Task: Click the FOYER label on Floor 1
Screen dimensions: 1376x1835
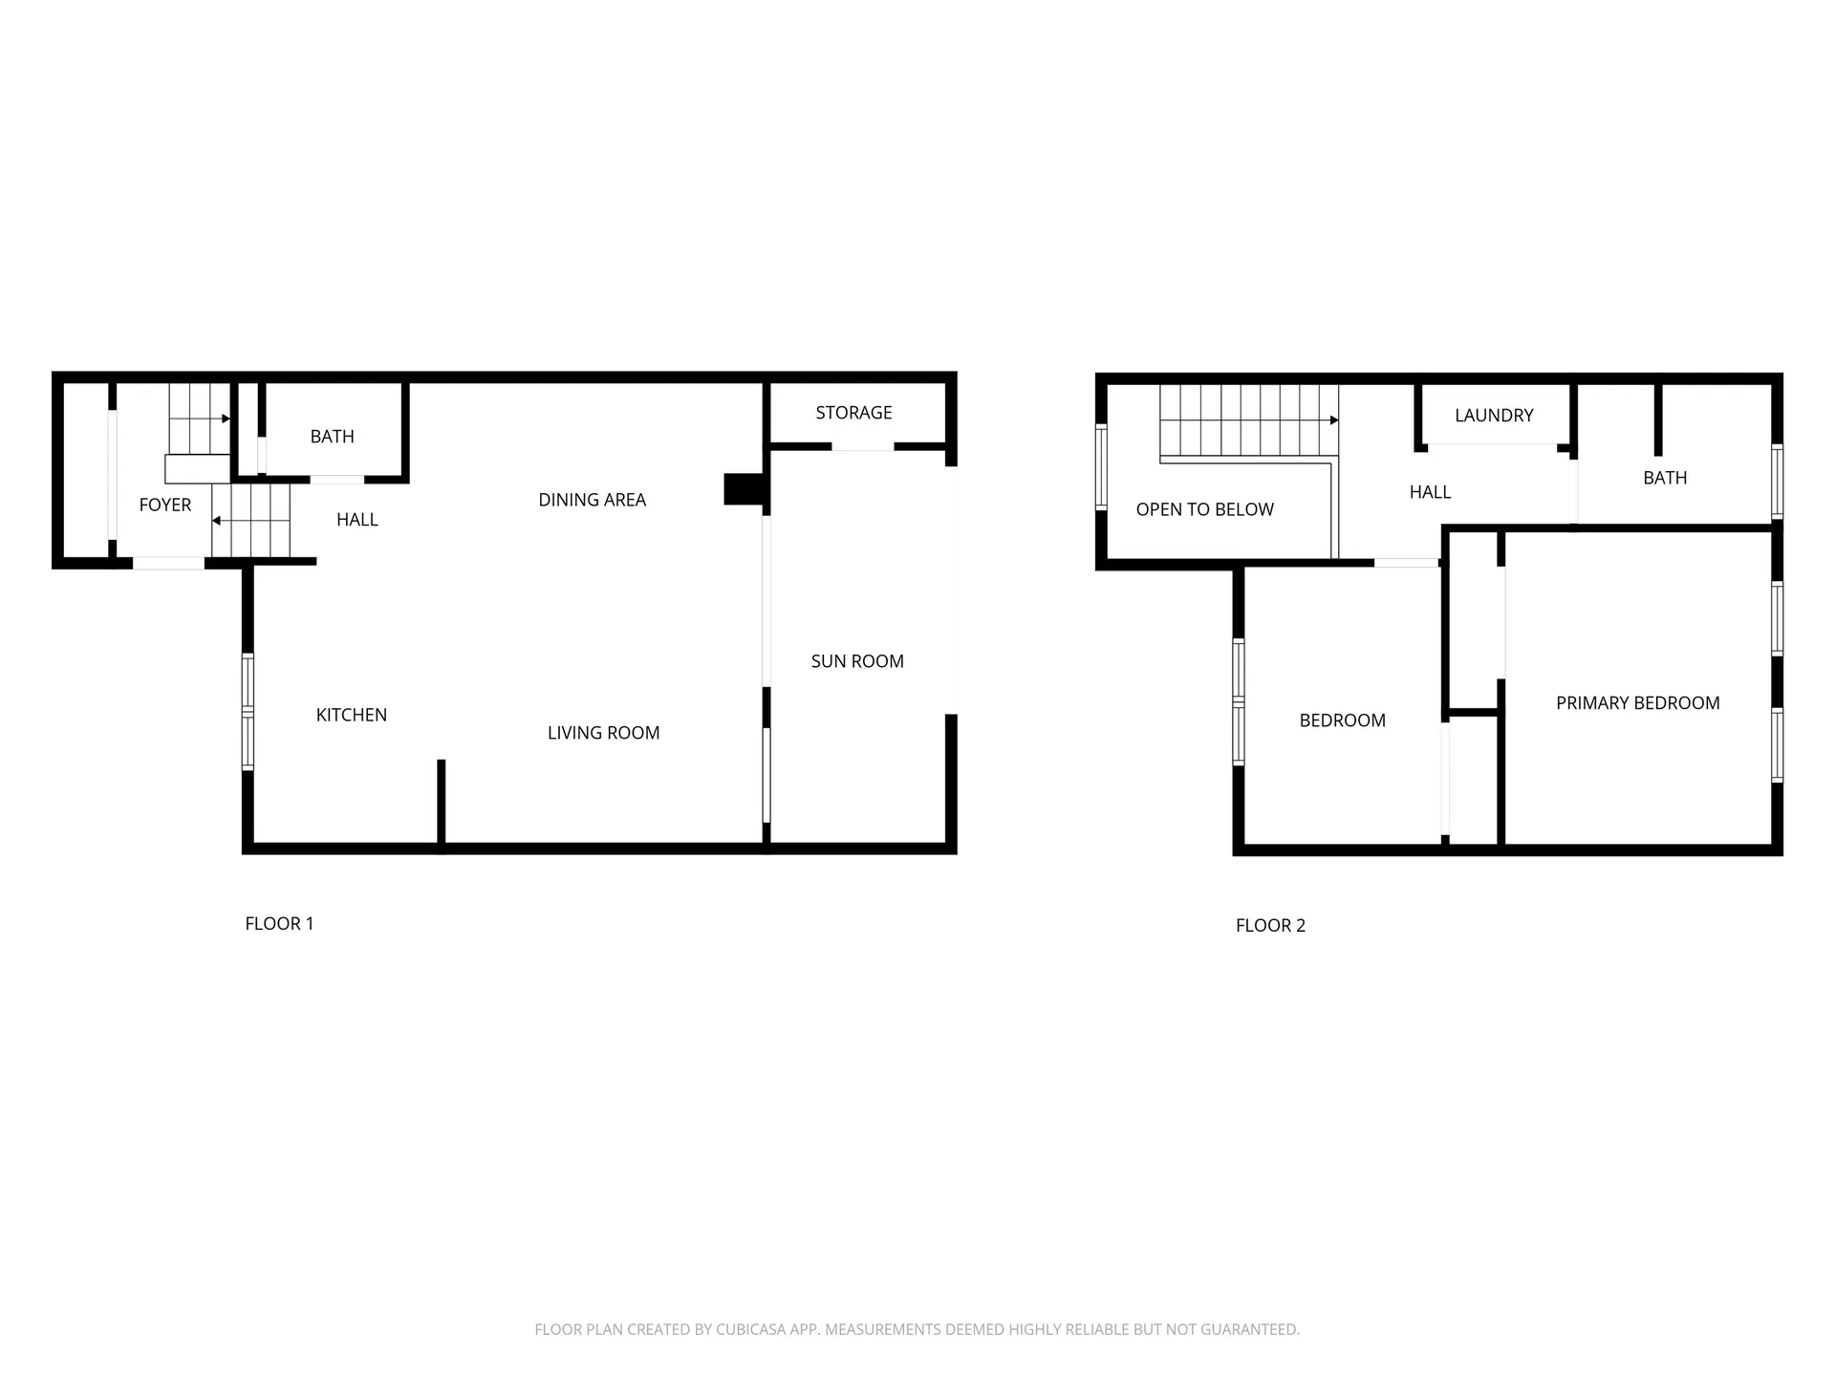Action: (x=165, y=505)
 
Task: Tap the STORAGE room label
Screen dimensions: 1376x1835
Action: (x=853, y=413)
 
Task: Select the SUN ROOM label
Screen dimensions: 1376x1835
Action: (x=857, y=661)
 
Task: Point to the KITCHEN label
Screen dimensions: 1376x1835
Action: (x=351, y=715)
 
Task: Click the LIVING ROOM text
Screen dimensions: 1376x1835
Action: (x=603, y=733)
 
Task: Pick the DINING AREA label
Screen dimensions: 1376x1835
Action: (x=592, y=500)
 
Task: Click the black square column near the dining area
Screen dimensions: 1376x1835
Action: (x=743, y=488)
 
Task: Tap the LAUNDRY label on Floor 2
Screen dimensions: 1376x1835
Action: (x=1494, y=416)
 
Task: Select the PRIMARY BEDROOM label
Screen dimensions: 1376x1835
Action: (x=1637, y=703)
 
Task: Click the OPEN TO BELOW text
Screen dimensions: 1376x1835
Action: (x=1204, y=509)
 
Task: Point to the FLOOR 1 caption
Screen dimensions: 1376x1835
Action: (x=279, y=923)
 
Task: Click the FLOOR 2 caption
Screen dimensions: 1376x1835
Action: (x=1270, y=925)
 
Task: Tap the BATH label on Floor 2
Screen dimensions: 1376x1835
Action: (x=1665, y=478)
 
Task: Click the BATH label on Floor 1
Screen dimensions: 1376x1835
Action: (x=332, y=437)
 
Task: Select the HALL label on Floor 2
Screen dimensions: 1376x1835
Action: (x=1430, y=492)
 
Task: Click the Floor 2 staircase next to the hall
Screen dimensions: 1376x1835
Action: (x=1247, y=420)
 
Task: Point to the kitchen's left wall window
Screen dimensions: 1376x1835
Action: (x=248, y=712)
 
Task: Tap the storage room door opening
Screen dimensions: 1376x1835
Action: (x=862, y=446)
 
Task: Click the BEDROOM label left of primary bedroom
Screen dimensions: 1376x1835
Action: (x=1342, y=720)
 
